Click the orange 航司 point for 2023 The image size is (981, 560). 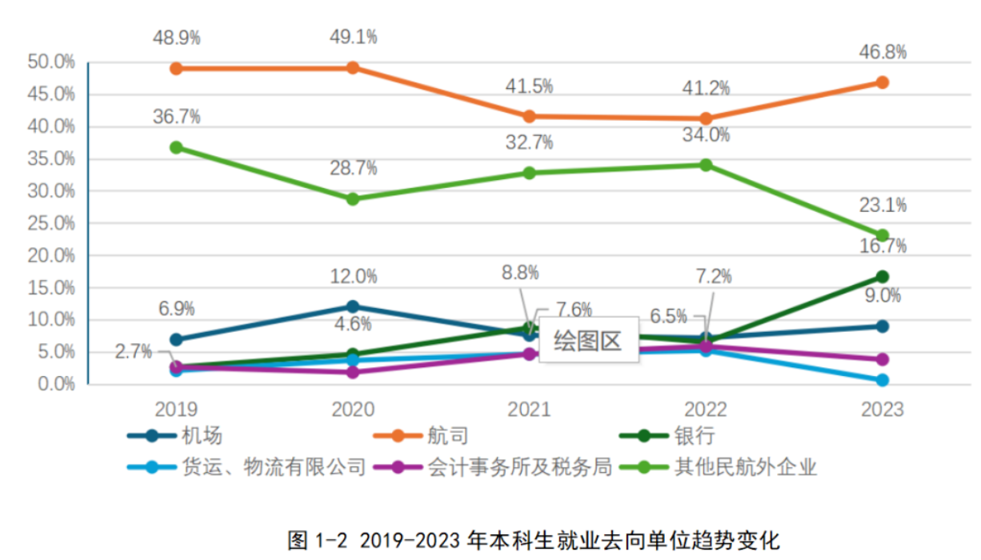pyautogui.click(x=882, y=82)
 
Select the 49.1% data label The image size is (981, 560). pyautogui.click(x=353, y=37)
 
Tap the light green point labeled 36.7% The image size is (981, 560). pyautogui.click(x=176, y=147)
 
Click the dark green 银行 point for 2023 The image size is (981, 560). pyautogui.click(x=882, y=277)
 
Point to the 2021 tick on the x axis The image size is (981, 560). pyautogui.click(x=529, y=410)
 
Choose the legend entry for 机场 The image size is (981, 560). pyautogui.click(x=176, y=436)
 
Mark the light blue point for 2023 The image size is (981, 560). pyautogui.click(x=882, y=380)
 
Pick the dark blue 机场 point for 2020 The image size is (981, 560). pyautogui.click(x=353, y=306)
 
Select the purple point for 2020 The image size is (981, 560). pyautogui.click(x=353, y=372)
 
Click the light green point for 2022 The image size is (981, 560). pyautogui.click(x=706, y=165)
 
